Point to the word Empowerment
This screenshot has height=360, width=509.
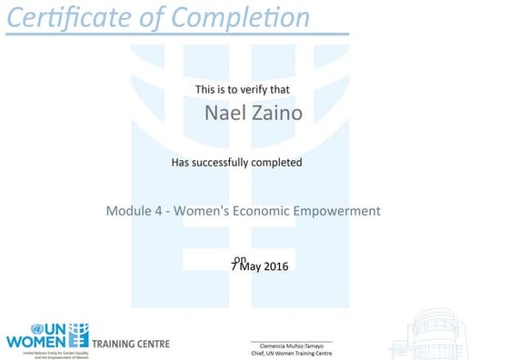(x=340, y=211)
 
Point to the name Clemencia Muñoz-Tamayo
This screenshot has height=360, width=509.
(x=291, y=345)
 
